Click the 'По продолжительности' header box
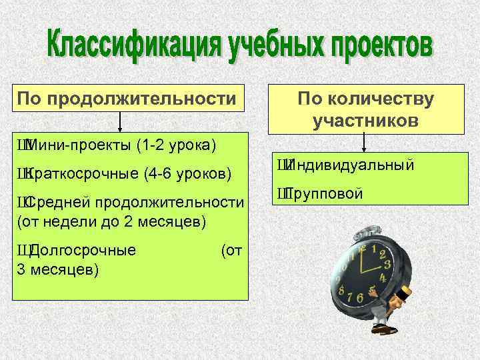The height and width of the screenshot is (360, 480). tap(127, 99)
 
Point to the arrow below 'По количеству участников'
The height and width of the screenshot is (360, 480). tap(365, 143)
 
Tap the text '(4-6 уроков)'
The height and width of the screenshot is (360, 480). tap(187, 175)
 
